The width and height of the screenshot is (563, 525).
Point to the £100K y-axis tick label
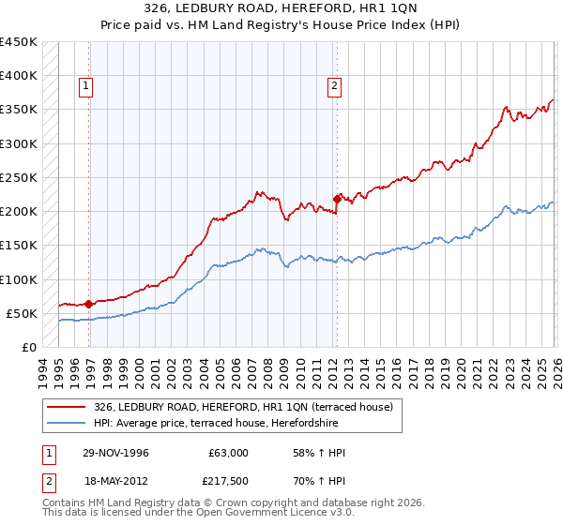pos(19,279)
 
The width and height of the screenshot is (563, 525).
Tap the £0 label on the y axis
pos(29,347)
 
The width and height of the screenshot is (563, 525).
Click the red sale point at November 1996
pos(89,304)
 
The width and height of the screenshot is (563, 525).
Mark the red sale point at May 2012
pos(337,199)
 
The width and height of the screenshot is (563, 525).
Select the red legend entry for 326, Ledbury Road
pos(249,407)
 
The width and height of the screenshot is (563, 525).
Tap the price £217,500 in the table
pos(229,480)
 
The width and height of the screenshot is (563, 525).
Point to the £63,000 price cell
pos(229,453)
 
